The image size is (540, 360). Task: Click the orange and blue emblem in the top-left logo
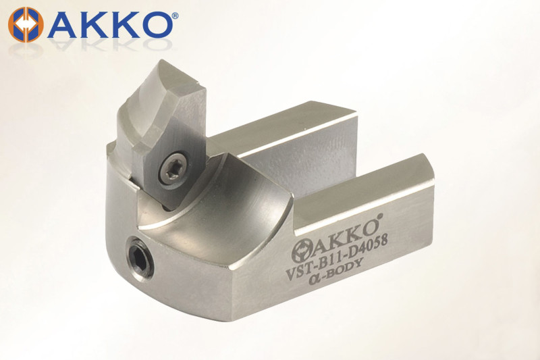coord(26,25)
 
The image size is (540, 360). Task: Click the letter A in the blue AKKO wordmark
coord(63,25)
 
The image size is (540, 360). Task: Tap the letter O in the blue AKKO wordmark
coord(156,25)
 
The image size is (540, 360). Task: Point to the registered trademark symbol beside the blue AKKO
coord(175,16)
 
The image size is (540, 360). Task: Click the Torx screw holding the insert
coord(173,170)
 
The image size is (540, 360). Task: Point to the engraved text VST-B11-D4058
coord(337,256)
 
